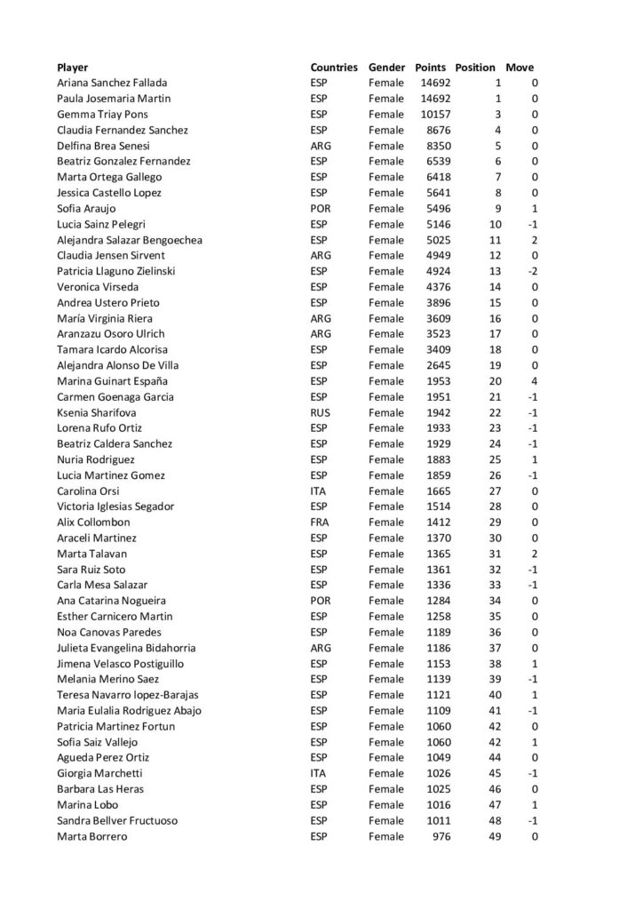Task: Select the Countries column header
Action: click(x=334, y=68)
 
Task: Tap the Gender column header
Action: click(x=386, y=68)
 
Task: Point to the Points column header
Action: click(x=431, y=68)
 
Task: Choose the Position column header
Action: click(x=475, y=68)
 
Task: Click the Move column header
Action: click(x=520, y=68)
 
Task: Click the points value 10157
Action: click(x=435, y=115)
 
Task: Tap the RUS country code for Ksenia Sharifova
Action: click(x=321, y=412)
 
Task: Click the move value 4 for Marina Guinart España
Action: click(x=535, y=381)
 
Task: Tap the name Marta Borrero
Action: click(x=92, y=836)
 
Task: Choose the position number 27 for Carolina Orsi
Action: click(x=495, y=491)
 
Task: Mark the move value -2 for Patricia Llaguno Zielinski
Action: click(x=533, y=271)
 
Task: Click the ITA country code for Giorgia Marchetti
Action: click(x=319, y=773)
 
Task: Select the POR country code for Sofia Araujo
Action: click(x=321, y=209)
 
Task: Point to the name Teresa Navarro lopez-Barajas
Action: click(x=128, y=695)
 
